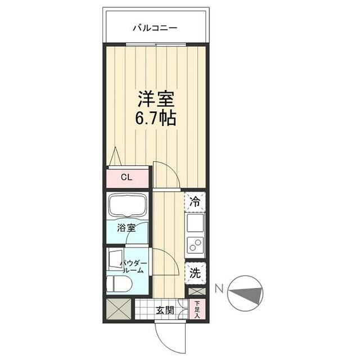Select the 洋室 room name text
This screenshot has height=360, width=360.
pos(156,99)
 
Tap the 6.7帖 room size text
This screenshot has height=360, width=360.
pos(156,119)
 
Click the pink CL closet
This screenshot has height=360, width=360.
pos(127,177)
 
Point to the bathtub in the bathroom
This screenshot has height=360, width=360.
pos(127,206)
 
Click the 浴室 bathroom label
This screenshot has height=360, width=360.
pos(127,228)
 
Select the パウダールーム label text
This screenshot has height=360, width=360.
pos(135,267)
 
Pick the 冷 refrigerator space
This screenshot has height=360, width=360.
pos(195,200)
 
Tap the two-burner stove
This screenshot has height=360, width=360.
pos(195,246)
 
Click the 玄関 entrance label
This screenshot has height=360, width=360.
pos(164,309)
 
